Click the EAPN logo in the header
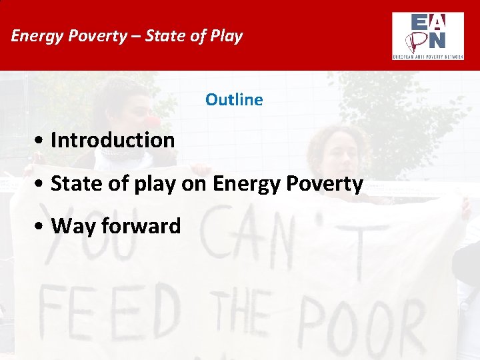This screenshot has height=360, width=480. (427, 35)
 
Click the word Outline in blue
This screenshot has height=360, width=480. (234, 100)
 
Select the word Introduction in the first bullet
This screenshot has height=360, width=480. (113, 140)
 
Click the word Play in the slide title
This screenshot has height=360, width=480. (227, 35)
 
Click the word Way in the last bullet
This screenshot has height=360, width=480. (71, 227)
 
